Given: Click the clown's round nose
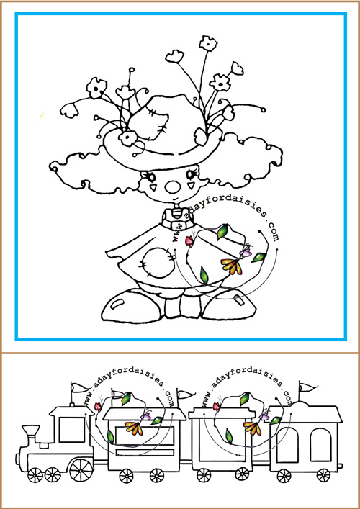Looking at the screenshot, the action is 174,186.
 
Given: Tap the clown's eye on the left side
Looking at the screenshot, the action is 150,177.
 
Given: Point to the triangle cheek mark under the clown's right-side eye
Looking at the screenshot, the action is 192,186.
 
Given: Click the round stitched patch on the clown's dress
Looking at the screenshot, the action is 158,262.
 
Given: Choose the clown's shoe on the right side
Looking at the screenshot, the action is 228,305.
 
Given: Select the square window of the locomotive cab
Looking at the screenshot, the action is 72,430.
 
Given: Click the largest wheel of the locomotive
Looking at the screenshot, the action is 81,470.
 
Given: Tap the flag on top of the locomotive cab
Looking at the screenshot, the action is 80,387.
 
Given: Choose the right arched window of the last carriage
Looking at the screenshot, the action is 320,446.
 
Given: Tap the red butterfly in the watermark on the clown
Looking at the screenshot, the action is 189,241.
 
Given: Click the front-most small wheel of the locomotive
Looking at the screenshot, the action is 35,475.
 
